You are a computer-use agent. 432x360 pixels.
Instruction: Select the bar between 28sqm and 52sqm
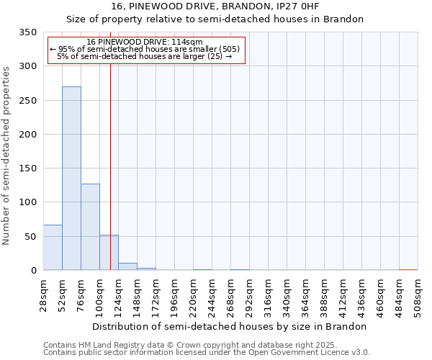53,248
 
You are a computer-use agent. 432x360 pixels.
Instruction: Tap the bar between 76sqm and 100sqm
90,227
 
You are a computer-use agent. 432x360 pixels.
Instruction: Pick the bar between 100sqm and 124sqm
109,253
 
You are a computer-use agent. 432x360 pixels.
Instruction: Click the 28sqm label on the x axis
43,293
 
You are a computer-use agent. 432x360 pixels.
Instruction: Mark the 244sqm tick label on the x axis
212,295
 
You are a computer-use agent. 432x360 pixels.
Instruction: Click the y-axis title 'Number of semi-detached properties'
7,156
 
